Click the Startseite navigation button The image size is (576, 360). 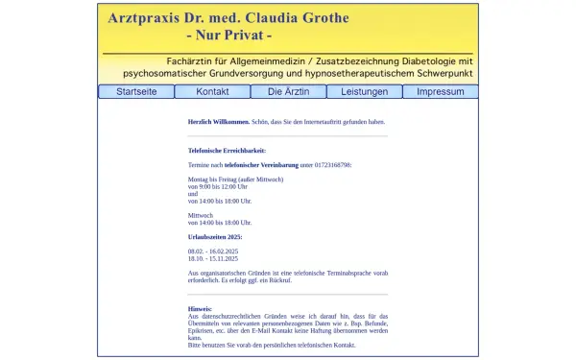[136, 92]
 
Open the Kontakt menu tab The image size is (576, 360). [212, 92]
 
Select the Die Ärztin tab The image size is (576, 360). [288, 92]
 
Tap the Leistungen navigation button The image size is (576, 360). [364, 92]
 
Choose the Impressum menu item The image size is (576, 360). [440, 92]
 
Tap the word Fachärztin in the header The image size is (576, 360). [195, 60]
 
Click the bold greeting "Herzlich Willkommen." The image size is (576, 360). [219, 122]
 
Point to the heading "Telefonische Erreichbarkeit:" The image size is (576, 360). [227, 151]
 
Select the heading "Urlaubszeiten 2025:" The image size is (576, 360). [215, 236]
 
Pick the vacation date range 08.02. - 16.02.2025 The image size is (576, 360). [212, 251]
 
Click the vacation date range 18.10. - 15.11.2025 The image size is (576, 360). [212, 258]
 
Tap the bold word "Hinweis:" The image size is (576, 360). [200, 309]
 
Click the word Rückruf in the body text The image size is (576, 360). [353, 280]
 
